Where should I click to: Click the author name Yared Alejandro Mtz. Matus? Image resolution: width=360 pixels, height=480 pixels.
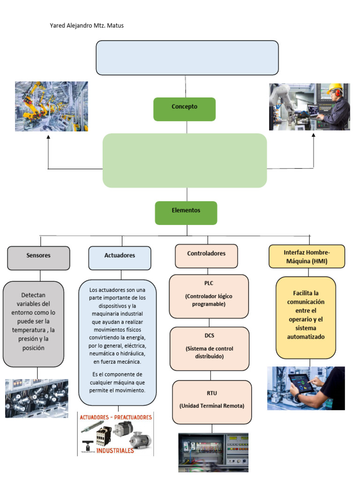[87, 26]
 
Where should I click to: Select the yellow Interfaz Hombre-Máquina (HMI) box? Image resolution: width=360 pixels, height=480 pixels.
[307, 256]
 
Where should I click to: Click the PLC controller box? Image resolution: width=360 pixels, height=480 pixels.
[209, 296]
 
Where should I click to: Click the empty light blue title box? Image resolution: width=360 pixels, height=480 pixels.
[187, 58]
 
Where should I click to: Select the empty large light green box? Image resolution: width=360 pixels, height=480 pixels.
[185, 160]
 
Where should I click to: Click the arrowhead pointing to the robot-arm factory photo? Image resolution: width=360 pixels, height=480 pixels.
[48, 137]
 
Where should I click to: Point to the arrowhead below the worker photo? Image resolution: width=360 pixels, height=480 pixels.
[313, 135]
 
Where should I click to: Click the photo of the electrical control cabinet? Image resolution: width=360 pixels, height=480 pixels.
[213, 452]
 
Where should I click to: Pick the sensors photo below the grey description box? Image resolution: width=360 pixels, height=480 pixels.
[37, 398]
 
